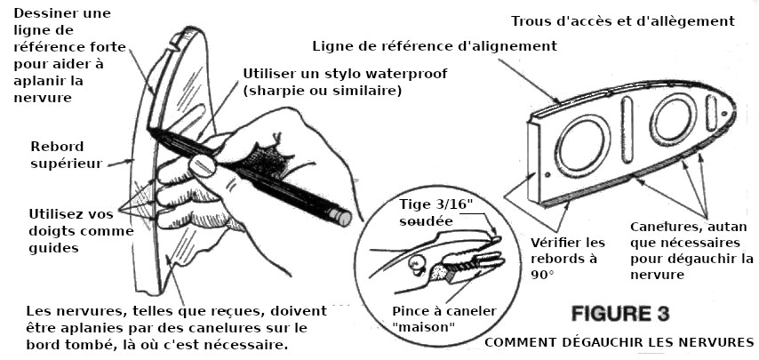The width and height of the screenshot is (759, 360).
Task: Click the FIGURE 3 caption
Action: coord(620,314)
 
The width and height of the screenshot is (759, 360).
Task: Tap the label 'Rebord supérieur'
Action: coord(67,155)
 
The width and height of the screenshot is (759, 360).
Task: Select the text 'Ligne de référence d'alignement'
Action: coord(435,46)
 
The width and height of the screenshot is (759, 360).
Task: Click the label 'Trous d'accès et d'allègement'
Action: coord(623,21)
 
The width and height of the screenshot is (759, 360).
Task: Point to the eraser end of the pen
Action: coord(343,216)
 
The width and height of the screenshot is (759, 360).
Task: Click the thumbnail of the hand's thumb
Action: coord(203,165)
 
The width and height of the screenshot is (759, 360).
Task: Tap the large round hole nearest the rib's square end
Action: coord(582,145)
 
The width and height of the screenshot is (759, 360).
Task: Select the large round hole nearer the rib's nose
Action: coord(674,119)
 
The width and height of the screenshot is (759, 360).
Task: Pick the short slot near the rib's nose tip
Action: coord(711,113)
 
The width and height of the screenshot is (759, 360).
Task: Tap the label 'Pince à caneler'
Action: coord(444,311)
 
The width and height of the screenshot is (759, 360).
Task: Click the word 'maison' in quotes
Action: coord(424,327)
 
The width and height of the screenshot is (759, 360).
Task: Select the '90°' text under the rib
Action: coord(542,275)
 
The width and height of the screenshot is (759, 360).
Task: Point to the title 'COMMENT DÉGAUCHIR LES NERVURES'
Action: coord(619,342)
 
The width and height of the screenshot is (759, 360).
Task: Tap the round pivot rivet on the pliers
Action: coord(415,264)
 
